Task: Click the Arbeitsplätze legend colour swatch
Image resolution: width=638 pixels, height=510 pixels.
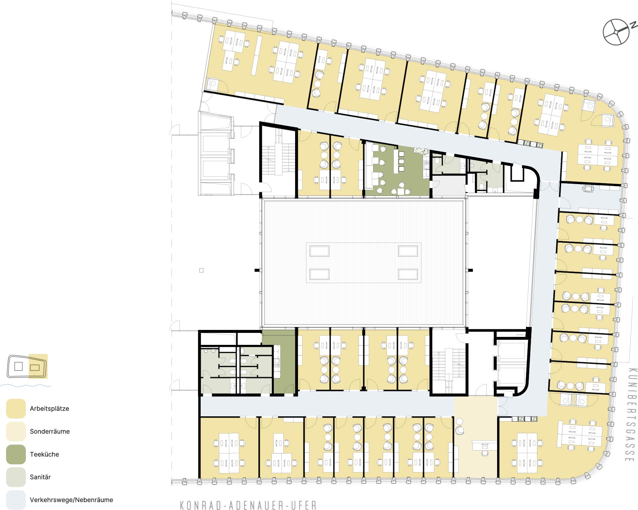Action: (x=16, y=408)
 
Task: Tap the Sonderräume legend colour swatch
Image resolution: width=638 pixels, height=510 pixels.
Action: (x=16, y=431)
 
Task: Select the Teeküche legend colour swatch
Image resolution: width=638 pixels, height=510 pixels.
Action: (x=16, y=454)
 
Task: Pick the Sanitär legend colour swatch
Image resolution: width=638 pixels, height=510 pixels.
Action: (x=16, y=477)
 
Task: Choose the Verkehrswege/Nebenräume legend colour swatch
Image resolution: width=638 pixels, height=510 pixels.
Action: (x=16, y=500)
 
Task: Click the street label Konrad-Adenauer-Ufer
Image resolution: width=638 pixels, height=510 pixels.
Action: (x=248, y=505)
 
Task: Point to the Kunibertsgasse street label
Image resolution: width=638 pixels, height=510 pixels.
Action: (x=632, y=415)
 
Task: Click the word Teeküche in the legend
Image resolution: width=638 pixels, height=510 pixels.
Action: (x=45, y=454)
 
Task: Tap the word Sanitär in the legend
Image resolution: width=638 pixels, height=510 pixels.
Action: (x=40, y=477)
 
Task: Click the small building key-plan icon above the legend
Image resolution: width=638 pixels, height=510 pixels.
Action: (x=27, y=366)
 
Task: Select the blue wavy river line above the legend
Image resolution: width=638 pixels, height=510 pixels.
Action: (x=26, y=385)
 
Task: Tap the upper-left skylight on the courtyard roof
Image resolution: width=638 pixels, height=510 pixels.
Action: (x=319, y=251)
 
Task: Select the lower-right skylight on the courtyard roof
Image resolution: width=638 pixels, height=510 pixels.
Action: (x=408, y=274)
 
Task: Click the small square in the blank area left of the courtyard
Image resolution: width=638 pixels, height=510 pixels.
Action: (x=201, y=270)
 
